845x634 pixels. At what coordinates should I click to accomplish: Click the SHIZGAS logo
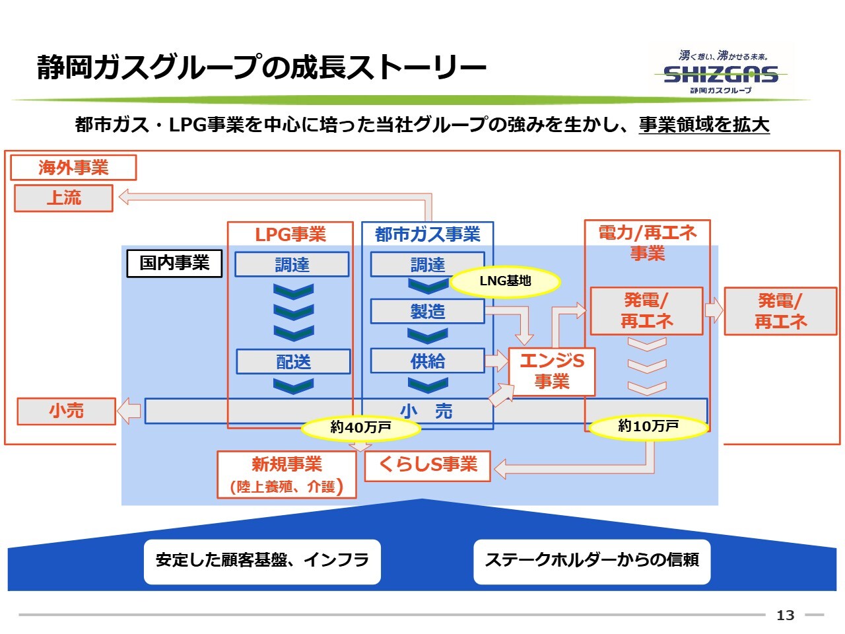pyautogui.click(x=721, y=73)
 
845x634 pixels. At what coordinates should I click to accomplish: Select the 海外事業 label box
pyautogui.click(x=73, y=168)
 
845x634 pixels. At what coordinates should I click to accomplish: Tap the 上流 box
pyautogui.click(x=64, y=198)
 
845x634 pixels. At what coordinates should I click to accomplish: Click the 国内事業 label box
pyautogui.click(x=174, y=263)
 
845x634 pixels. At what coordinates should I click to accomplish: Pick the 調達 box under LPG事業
pyautogui.click(x=292, y=265)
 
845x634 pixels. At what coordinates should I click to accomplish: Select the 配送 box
pyautogui.click(x=293, y=362)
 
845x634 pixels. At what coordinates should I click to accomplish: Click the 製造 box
pyautogui.click(x=428, y=312)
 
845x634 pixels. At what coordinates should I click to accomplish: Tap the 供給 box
pyautogui.click(x=428, y=361)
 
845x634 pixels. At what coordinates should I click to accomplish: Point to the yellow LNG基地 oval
pyautogui.click(x=505, y=281)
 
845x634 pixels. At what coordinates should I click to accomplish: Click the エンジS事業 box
pyautogui.click(x=552, y=371)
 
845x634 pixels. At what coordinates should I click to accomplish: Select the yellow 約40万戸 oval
pyautogui.click(x=360, y=428)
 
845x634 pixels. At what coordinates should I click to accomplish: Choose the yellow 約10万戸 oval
pyautogui.click(x=648, y=427)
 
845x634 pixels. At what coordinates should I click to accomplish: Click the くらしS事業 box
pyautogui.click(x=428, y=465)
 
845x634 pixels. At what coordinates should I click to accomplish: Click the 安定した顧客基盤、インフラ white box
pyautogui.click(x=262, y=561)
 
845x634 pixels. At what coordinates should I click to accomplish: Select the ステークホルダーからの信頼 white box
pyautogui.click(x=591, y=561)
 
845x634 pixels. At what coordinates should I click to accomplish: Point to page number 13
pyautogui.click(x=786, y=616)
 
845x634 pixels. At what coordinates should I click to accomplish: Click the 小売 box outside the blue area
pyautogui.click(x=66, y=411)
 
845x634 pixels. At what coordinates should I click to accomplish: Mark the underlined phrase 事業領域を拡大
pyautogui.click(x=704, y=125)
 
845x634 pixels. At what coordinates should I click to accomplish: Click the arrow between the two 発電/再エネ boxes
pyautogui.click(x=714, y=310)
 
